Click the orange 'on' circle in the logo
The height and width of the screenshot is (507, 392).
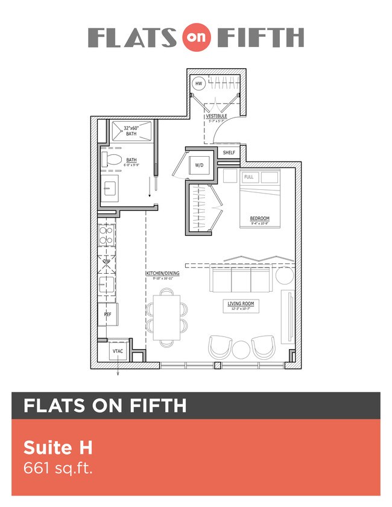click(x=195, y=38)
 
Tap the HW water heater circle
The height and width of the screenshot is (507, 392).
click(x=198, y=84)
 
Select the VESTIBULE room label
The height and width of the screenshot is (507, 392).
click(x=217, y=116)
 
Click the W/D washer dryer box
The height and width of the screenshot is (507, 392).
click(x=199, y=166)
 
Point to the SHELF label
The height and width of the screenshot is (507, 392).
click(x=229, y=153)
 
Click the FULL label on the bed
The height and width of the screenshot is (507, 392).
click(x=249, y=177)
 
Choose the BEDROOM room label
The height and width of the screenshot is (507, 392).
click(x=259, y=218)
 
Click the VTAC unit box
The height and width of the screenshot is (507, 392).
click(x=118, y=350)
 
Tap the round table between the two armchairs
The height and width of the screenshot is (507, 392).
click(x=241, y=349)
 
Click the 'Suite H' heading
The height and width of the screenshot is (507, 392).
click(x=57, y=448)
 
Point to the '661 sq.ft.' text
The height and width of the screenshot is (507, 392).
click(x=58, y=468)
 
